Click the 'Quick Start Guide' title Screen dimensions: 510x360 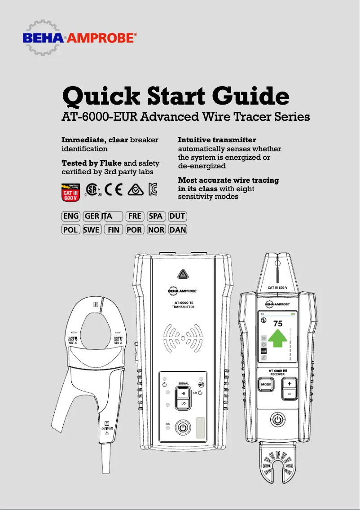pyautogui.click(x=175, y=96)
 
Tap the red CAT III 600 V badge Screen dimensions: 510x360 pyautogui.click(x=70, y=191)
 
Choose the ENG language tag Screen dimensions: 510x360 pyautogui.click(x=71, y=216)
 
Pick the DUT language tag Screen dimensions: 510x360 pyautogui.click(x=177, y=216)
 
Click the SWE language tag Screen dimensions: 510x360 pyautogui.click(x=92, y=230)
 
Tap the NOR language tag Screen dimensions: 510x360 pyautogui.click(x=156, y=230)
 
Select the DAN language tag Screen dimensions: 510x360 pyautogui.click(x=177, y=230)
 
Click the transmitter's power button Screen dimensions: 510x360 pyautogui.click(x=182, y=427)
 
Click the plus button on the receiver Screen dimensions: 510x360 pyautogui.click(x=290, y=384)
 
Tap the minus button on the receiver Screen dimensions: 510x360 pyautogui.click(x=290, y=394)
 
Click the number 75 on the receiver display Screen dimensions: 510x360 pyautogui.click(x=278, y=323)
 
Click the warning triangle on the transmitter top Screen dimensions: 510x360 pyautogui.click(x=182, y=274)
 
